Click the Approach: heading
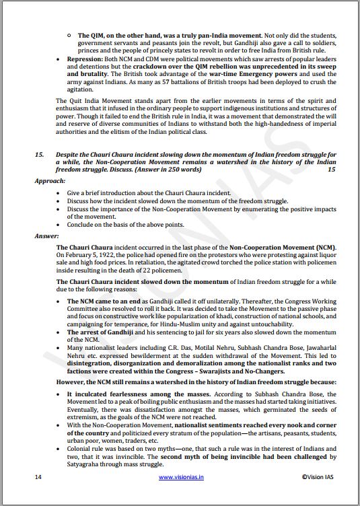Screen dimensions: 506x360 pyautogui.click(x=50, y=181)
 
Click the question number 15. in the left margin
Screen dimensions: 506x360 pyautogui.click(x=40, y=154)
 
